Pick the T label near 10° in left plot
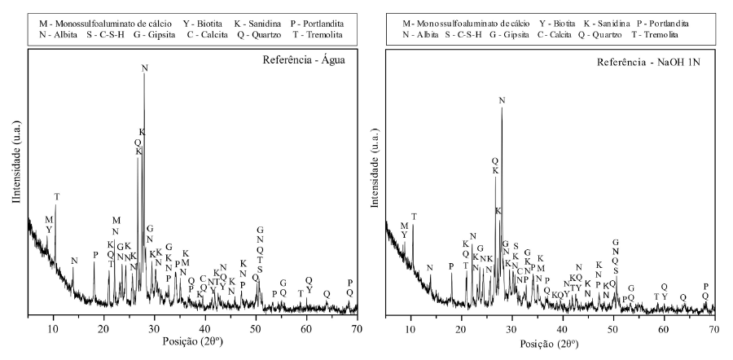(x=56, y=197)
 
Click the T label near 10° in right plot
(x=414, y=217)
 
